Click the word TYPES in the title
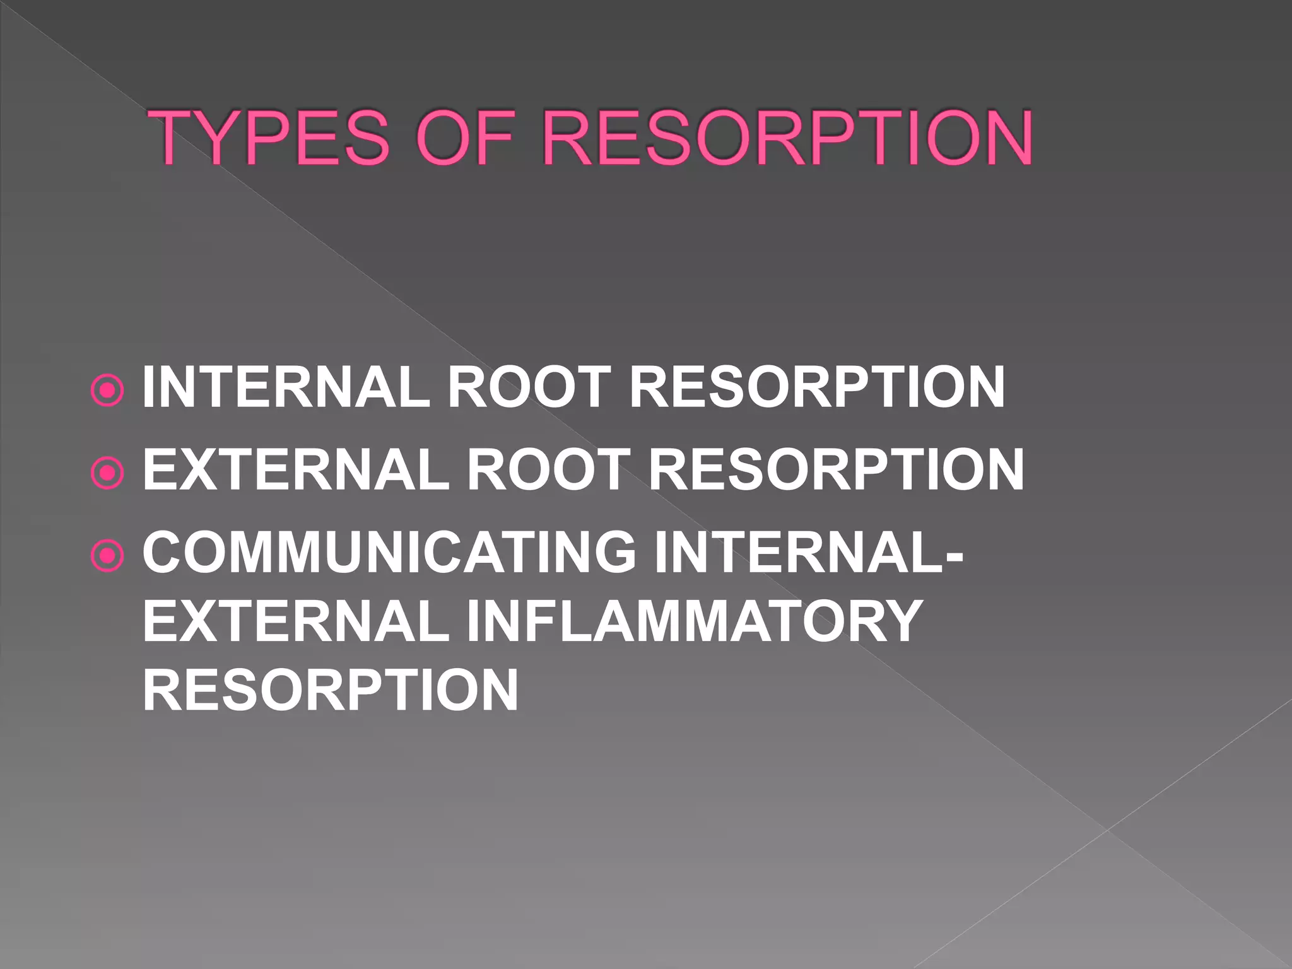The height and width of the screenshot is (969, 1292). [x=272, y=138]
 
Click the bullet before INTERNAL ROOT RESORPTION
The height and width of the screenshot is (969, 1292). [x=108, y=391]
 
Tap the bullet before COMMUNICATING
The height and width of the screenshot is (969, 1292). [x=108, y=555]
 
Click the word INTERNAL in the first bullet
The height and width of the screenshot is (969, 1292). [x=286, y=387]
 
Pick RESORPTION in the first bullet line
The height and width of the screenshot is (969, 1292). [x=816, y=387]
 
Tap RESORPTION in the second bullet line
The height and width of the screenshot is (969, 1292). [x=836, y=469]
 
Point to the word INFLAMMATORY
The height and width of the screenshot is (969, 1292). [x=694, y=621]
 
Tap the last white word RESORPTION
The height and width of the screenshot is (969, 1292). [x=331, y=690]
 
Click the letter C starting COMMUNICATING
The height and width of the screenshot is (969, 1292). [x=163, y=552]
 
